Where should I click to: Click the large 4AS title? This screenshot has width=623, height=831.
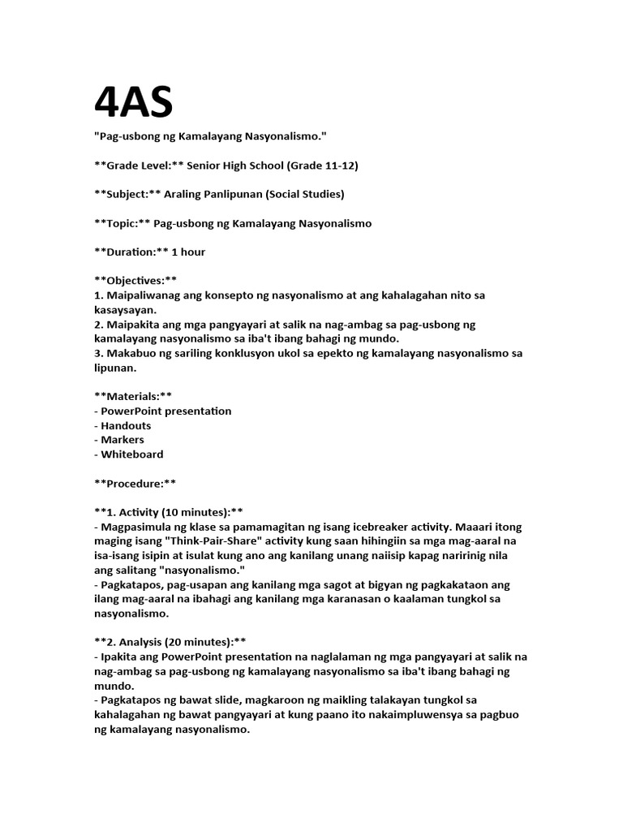coord(134,103)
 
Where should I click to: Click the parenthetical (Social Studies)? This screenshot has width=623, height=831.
coord(302,194)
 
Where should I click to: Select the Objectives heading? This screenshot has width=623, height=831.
coord(135,280)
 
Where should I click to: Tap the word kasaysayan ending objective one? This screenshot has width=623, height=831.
coord(127,309)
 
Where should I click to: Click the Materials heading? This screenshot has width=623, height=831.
coord(133,396)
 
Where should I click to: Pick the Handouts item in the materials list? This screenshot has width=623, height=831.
coord(126,425)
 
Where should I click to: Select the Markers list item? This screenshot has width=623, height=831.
coord(122,440)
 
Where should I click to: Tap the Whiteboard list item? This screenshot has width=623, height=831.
coord(131,454)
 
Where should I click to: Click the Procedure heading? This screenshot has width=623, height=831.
coord(135,483)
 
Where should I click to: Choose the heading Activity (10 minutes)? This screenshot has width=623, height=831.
coord(169,512)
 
